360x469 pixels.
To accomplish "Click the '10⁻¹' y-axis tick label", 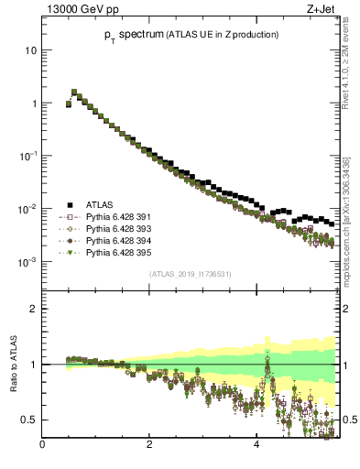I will coord(29,156).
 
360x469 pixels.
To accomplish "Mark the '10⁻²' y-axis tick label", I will coord(29,209).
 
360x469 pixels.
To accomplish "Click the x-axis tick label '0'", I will coord(42,445).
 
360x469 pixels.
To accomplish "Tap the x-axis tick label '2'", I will coord(149,445).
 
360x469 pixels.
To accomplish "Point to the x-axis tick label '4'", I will coord(256,445).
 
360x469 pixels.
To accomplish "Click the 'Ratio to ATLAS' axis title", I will coord(13,365).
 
